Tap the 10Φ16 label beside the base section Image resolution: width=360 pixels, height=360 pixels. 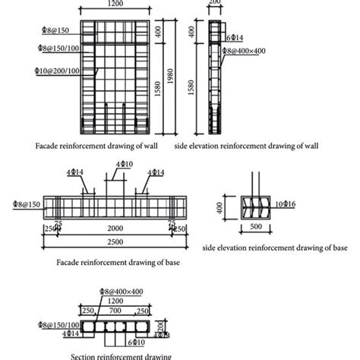tap(286, 204)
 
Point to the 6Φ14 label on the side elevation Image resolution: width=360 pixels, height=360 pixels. tap(233, 37)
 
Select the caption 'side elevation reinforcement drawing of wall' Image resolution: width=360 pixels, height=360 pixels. tap(245, 144)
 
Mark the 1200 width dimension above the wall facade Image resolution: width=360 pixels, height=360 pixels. tap(115, 5)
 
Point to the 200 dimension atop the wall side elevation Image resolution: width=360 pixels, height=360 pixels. tap(216, 4)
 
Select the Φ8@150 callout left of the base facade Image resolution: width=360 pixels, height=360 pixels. tap(27, 204)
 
